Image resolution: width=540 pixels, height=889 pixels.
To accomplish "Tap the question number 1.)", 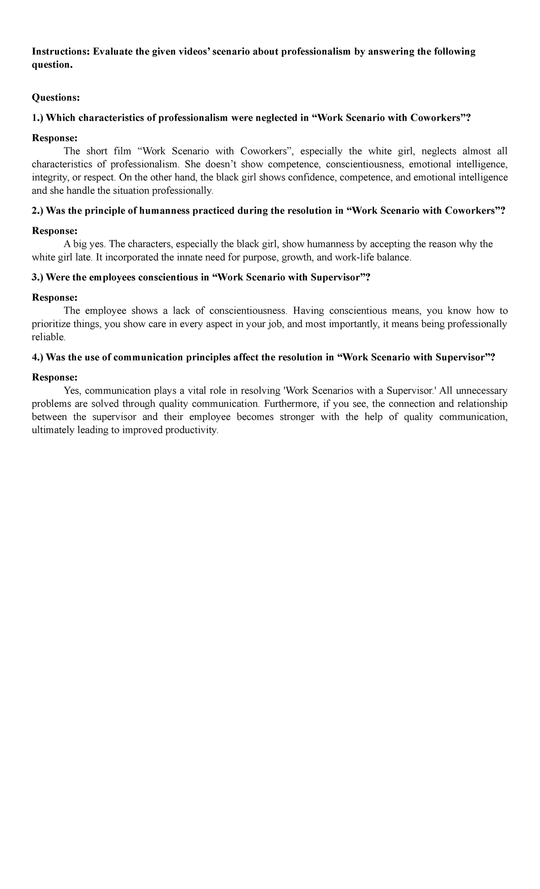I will click(x=38, y=118).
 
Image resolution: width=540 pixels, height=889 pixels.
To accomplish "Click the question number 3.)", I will click(x=38, y=277).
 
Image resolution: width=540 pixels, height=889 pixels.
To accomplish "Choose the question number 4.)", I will click(x=38, y=357).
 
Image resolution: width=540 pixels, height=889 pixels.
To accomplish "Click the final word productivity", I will click(x=192, y=431).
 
